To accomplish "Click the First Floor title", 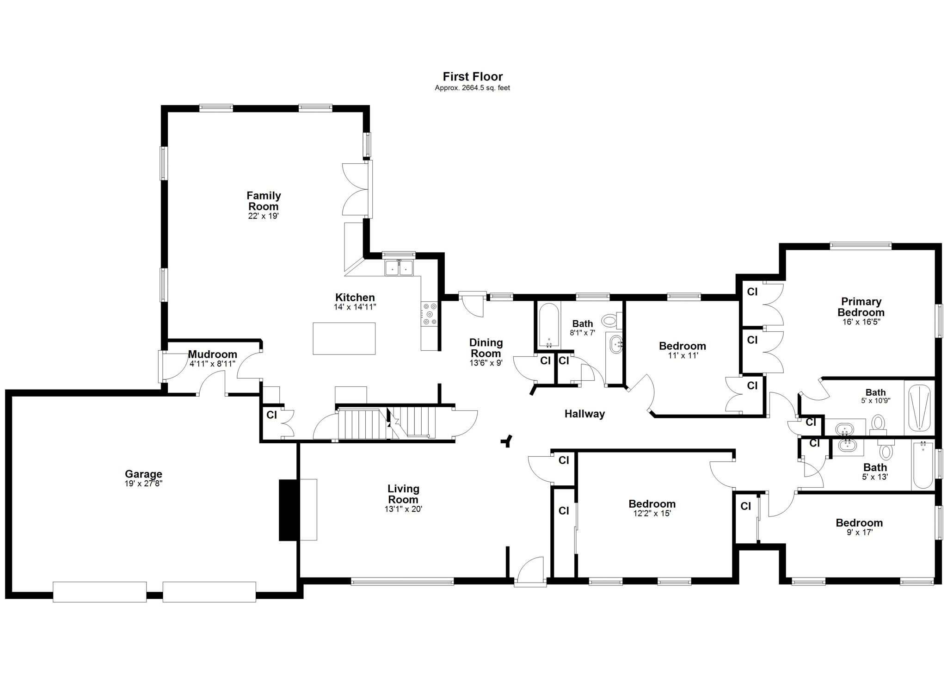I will pos(472,76).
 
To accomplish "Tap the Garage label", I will pos(143,474).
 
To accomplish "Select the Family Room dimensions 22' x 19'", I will pos(263,216).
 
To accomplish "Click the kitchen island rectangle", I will pos(344,339).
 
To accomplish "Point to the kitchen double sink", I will pos(399,268).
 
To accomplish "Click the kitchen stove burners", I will pos(430,314).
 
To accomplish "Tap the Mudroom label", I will pos(212,354).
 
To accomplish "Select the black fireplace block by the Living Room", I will pos(289,510).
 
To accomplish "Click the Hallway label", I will pos(584,414).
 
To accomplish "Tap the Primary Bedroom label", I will pos(861,307).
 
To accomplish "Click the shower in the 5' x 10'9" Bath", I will pos(919,407).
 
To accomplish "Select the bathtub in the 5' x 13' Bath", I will pos(923,465).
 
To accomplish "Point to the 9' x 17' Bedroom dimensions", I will pos(859,533).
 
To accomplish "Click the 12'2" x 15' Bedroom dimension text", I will pos(652,514).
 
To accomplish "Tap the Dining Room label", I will pos(486,348).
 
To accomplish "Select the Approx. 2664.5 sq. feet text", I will pos(472,88).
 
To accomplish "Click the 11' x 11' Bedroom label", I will pos(682,346).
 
